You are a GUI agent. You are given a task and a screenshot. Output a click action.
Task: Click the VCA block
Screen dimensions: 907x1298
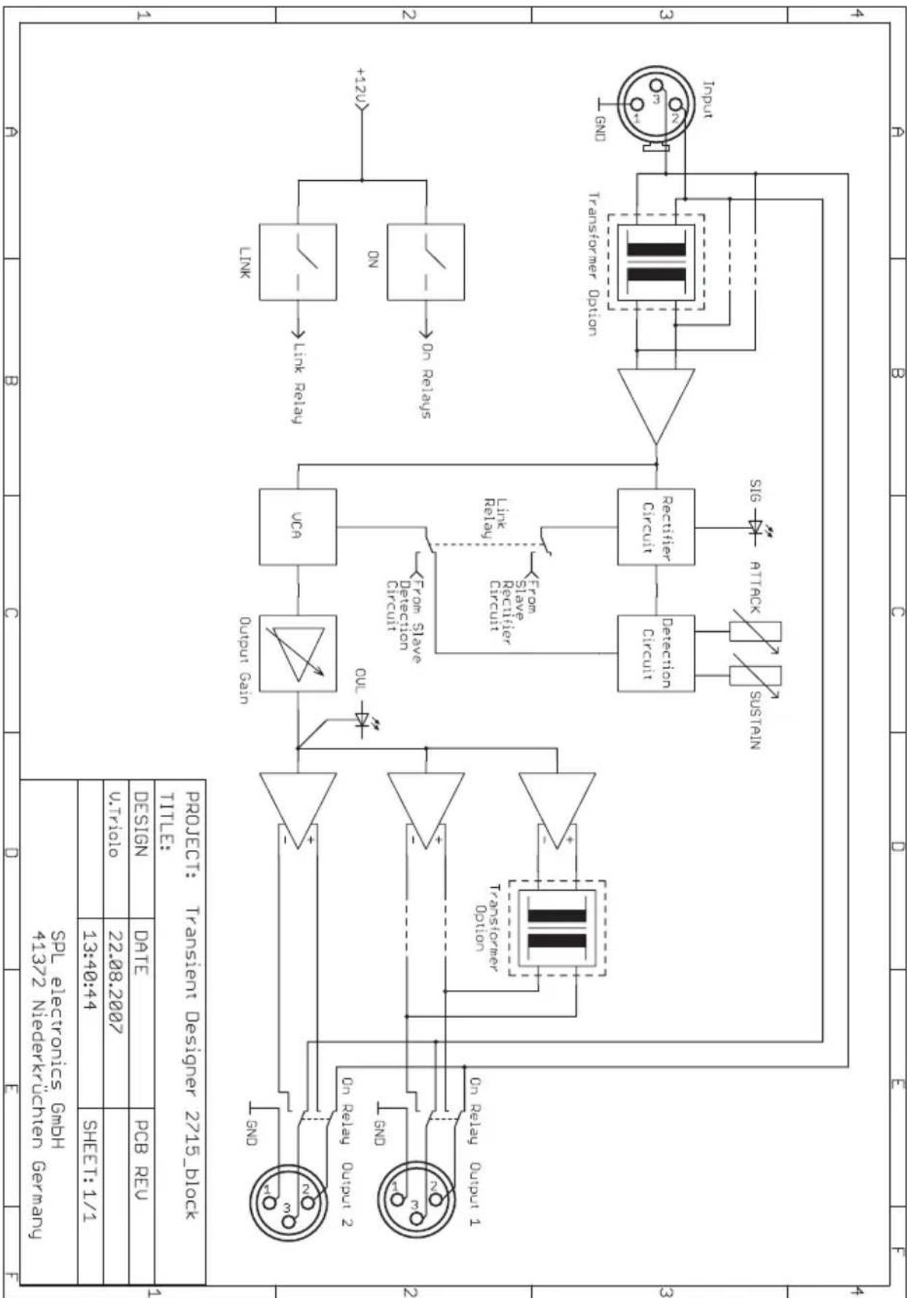pos(298,527)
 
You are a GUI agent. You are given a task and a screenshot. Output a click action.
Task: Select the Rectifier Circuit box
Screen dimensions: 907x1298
pos(656,527)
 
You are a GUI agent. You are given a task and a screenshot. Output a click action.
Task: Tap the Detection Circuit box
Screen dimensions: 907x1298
pos(656,653)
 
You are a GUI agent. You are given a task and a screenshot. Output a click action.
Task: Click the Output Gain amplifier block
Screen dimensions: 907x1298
pos(298,653)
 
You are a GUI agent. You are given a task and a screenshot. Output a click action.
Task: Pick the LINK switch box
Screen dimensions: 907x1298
pos(298,262)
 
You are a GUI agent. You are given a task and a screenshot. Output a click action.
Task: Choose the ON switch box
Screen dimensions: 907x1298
pos(425,262)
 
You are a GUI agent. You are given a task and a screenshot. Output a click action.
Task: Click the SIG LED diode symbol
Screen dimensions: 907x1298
pos(757,527)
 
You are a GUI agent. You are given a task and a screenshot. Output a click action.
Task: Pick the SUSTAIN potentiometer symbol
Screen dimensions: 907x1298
pos(756,676)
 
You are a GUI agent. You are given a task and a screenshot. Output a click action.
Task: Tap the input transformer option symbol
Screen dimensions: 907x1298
pos(656,262)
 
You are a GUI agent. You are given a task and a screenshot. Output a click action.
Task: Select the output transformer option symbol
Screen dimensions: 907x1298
pos(557,927)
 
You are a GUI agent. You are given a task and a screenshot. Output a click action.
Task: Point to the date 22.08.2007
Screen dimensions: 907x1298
pos(116,981)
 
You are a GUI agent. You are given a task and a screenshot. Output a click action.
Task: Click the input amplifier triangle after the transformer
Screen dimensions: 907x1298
pos(656,406)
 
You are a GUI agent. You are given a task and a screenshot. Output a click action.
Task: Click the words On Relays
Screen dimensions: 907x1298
pos(426,380)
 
